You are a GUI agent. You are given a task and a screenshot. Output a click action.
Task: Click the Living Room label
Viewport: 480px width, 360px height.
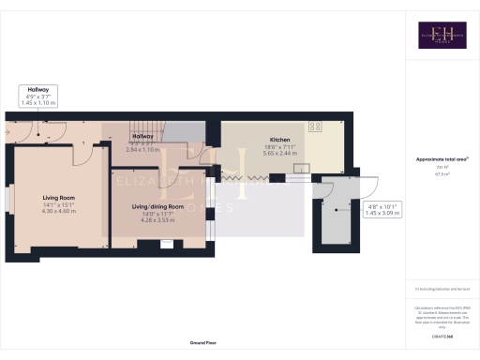(58, 198)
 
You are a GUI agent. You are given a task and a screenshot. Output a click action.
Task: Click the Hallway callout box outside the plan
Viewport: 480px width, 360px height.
(39, 95)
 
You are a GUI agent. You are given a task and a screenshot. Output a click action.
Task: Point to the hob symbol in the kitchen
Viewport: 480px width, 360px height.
(314, 126)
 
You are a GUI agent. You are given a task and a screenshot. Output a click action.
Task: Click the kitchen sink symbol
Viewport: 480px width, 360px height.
(302, 168)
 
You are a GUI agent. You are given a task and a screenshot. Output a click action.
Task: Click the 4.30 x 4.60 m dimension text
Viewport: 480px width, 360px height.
(58, 212)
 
